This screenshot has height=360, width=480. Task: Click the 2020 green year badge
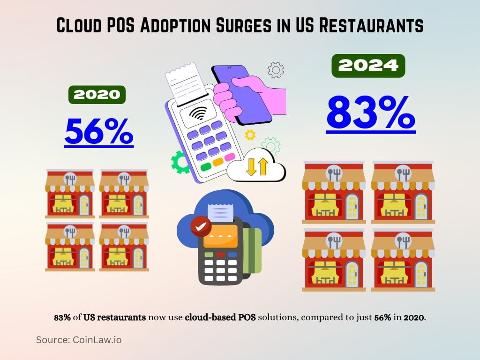tap(97, 95)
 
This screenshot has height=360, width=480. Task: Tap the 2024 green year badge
tap(368, 66)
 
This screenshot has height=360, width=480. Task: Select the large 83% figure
tap(370, 114)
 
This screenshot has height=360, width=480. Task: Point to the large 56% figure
tap(99, 132)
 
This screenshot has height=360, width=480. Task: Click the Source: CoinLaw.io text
tap(79, 340)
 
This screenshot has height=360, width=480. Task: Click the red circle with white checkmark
tap(201, 226)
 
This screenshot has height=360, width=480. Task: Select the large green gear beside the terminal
tap(180, 162)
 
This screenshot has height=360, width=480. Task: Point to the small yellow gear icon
tap(250, 135)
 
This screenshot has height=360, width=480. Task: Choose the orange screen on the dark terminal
tap(220, 236)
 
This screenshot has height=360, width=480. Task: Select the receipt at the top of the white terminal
tap(182, 84)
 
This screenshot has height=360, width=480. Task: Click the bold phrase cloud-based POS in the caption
tap(220, 317)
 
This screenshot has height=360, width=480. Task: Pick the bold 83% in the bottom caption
tap(62, 317)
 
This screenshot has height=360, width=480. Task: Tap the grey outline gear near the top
tap(276, 70)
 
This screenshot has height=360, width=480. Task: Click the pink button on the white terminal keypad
tap(229, 157)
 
